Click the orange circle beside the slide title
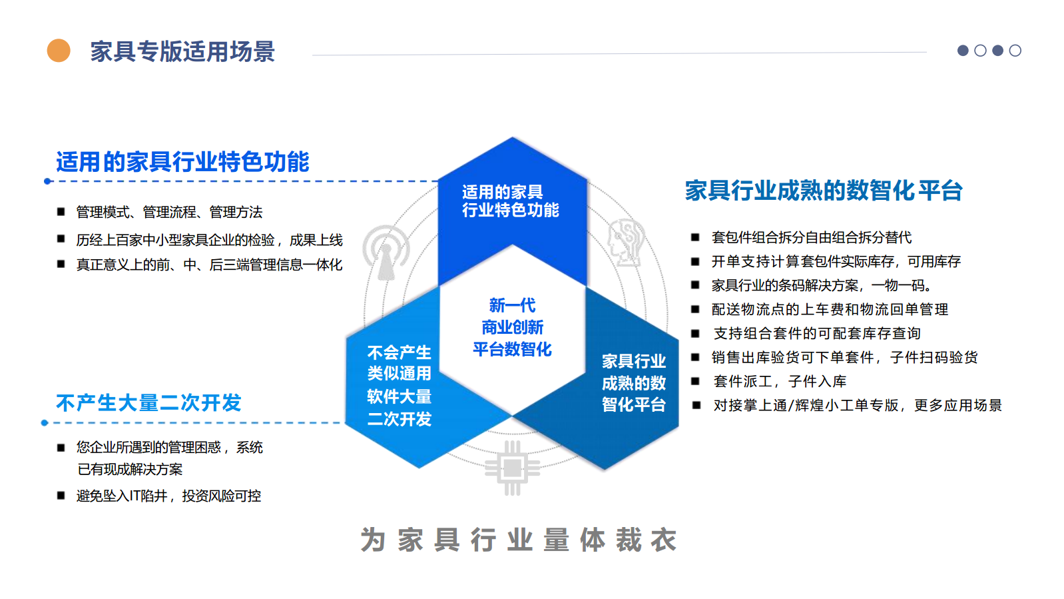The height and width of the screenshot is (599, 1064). click(x=59, y=51)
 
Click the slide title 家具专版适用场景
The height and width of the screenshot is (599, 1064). click(x=182, y=51)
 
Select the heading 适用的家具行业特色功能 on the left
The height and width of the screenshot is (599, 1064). click(x=183, y=162)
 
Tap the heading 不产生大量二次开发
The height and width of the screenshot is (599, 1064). click(x=148, y=402)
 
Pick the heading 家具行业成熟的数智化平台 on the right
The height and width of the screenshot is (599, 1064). click(x=824, y=191)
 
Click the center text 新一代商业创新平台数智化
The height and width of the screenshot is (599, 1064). click(x=512, y=327)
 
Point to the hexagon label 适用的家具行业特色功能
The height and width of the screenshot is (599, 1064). click(x=511, y=201)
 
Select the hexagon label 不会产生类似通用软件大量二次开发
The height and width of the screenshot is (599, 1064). click(x=399, y=386)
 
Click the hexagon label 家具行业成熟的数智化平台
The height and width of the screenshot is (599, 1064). click(x=634, y=382)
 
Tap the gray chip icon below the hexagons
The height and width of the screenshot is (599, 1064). click(x=512, y=468)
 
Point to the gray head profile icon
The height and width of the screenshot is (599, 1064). click(x=626, y=242)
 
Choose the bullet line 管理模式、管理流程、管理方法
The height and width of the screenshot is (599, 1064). click(x=169, y=212)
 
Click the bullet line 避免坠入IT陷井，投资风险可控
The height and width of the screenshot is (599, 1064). click(x=168, y=496)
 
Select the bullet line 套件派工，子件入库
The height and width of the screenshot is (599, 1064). click(x=780, y=381)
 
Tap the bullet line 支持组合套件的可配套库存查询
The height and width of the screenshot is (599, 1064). click(x=817, y=333)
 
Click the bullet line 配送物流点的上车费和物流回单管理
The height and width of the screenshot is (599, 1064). click(x=830, y=309)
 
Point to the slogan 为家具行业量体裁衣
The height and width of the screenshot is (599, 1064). click(x=519, y=540)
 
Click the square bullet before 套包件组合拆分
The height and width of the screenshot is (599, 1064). click(x=695, y=237)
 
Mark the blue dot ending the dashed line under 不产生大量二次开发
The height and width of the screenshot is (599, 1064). click(x=45, y=422)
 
